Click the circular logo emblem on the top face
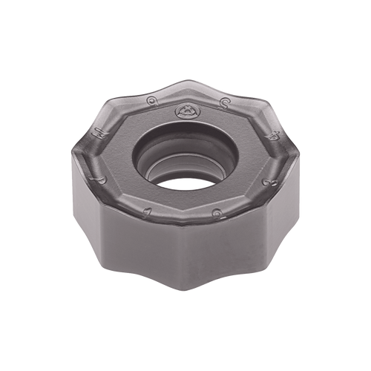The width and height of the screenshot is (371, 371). (x=185, y=112)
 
